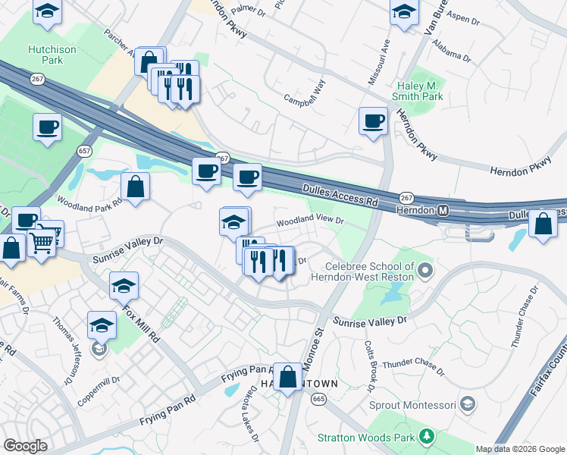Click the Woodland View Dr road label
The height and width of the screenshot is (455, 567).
[310, 222]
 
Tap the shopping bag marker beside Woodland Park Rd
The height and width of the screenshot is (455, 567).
[135, 187]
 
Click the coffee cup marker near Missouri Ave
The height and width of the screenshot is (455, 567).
[373, 121]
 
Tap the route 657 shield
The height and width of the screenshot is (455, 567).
[85, 151]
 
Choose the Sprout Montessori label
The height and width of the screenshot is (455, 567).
[410, 404]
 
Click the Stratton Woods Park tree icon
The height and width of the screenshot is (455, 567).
[428, 436]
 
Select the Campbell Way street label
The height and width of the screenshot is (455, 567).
[305, 99]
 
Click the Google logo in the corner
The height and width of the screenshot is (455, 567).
[25, 446]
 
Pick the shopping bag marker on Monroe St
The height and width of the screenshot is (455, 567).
[288, 376]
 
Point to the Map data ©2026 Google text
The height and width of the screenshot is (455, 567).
[519, 449]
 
